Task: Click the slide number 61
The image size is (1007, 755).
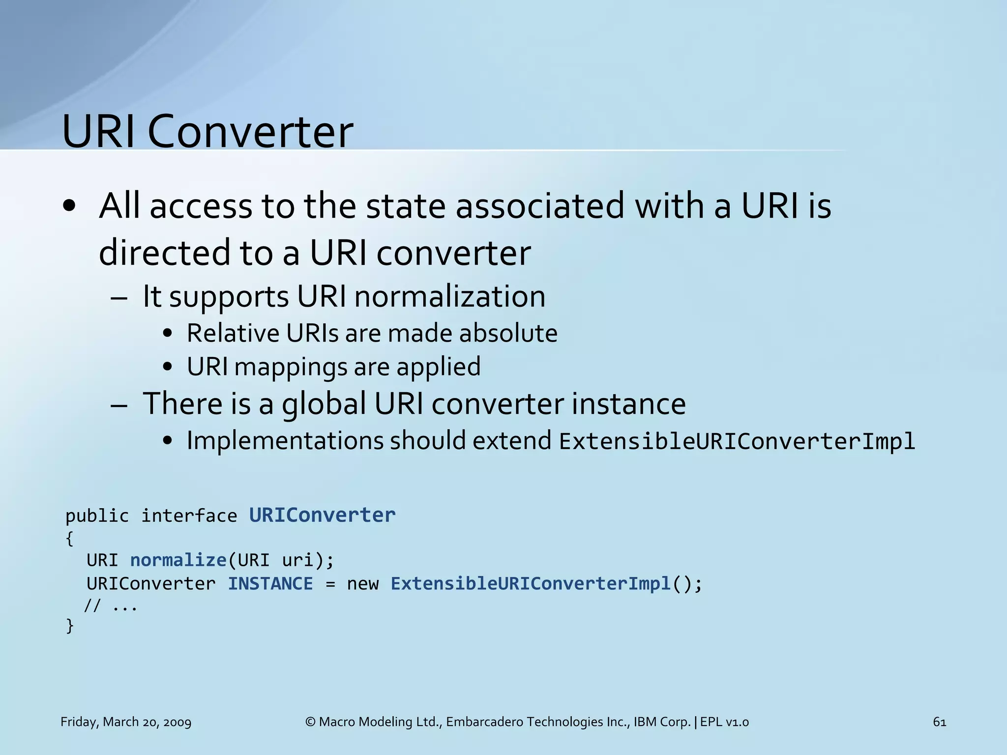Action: coord(939,722)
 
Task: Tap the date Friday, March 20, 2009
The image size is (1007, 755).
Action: coord(126,722)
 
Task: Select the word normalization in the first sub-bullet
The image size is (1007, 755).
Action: coord(449,296)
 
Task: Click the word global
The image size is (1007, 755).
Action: coord(324,404)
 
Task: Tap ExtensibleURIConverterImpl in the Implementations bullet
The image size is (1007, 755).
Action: coord(737,441)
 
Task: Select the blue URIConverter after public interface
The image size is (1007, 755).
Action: coord(322,515)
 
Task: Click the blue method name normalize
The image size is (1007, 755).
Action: coord(178,560)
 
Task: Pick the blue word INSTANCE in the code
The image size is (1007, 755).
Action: coord(270,584)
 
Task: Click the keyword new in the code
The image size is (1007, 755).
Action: coord(363,584)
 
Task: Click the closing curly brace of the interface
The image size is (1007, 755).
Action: coord(70,626)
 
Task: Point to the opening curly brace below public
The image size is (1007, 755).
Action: coord(70,539)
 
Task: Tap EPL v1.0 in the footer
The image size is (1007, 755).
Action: coord(724,722)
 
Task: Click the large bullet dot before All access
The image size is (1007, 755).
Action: coord(69,206)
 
